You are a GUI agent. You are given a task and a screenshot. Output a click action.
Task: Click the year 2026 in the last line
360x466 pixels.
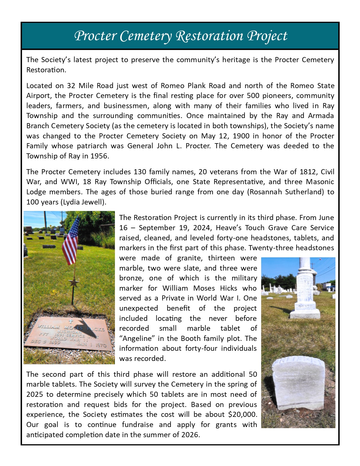pyautogui.click(x=189, y=435)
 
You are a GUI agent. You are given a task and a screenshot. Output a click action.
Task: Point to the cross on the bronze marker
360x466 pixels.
pyautogui.click(x=71, y=321)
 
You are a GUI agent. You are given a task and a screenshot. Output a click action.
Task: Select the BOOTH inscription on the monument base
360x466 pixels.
pyautogui.click(x=305, y=306)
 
